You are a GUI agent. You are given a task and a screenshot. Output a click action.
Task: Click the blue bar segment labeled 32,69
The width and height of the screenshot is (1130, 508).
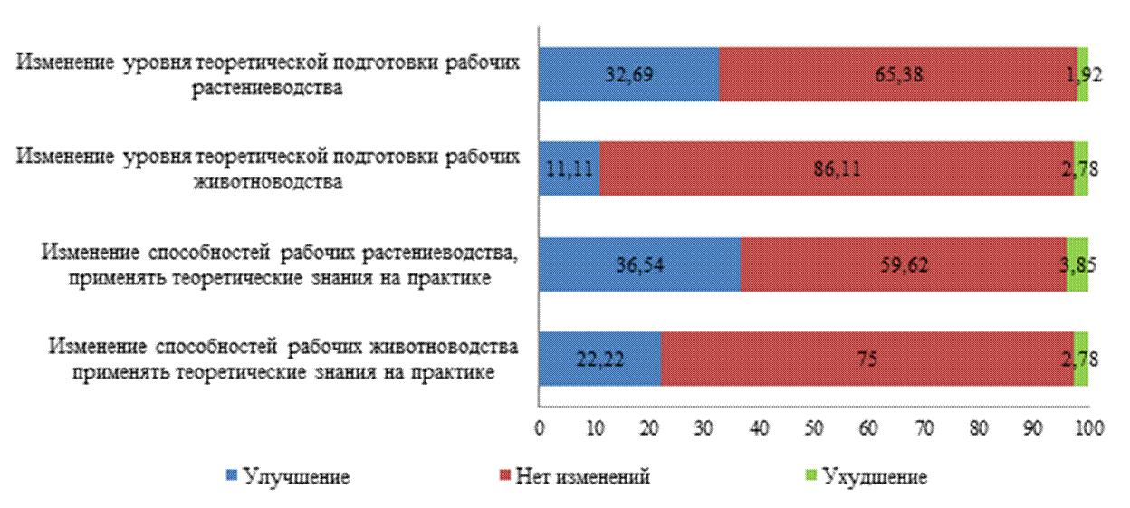click(x=628, y=73)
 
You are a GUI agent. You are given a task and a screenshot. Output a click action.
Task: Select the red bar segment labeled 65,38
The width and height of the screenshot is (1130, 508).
click(x=897, y=73)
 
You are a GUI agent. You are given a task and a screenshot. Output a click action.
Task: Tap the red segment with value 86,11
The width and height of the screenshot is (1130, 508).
click(x=836, y=168)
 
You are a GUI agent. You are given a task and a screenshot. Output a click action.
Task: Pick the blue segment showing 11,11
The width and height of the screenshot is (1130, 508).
click(x=569, y=168)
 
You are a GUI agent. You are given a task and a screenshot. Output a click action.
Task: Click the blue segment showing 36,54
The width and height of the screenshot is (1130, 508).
click(x=639, y=264)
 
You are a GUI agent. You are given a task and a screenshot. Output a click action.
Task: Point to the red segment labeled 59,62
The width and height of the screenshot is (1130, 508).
click(x=903, y=264)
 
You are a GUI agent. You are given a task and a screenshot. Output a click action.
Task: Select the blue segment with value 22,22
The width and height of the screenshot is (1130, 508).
click(x=599, y=359)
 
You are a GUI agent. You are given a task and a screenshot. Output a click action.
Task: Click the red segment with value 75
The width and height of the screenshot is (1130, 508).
click(x=867, y=359)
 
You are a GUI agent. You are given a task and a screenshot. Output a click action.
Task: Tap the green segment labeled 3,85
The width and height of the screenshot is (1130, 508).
click(x=1077, y=264)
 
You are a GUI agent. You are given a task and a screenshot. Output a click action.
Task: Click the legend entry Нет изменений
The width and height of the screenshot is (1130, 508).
click(x=582, y=475)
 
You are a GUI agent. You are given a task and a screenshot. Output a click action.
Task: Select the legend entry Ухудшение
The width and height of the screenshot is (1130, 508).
click(x=873, y=475)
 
